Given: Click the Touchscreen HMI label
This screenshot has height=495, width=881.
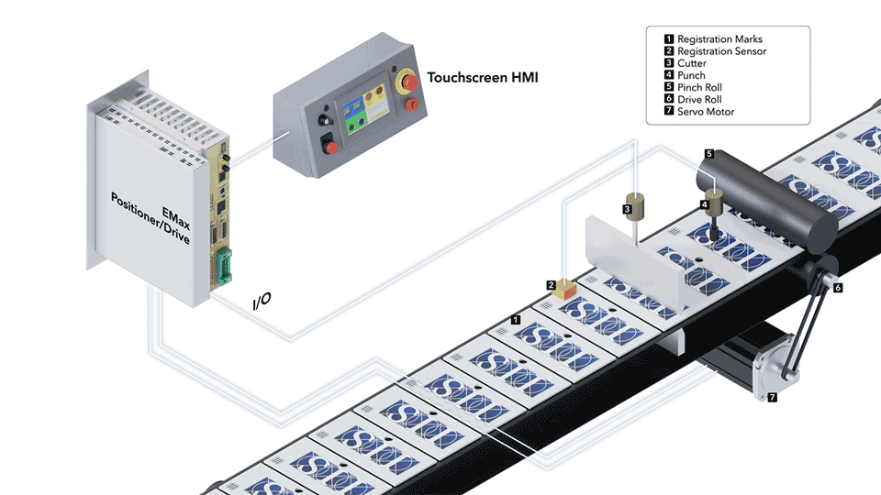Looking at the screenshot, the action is tap(483, 77).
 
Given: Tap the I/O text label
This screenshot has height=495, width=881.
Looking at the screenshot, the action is tap(262, 302).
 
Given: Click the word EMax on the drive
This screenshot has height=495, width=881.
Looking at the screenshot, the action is tap(176, 219).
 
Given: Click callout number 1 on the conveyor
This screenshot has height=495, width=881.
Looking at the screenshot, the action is tap(516, 320).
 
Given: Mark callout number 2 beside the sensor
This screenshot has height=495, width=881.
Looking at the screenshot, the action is tap(552, 285).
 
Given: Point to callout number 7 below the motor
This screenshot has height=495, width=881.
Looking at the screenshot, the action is tap(773, 397).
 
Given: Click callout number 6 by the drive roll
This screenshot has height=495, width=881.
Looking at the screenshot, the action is tap(838, 288).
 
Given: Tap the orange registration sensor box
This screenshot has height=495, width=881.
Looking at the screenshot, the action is tap(564, 290).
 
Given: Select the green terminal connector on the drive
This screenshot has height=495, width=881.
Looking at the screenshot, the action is tap(224, 266).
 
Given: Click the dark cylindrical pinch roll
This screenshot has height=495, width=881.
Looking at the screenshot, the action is tap(767, 198).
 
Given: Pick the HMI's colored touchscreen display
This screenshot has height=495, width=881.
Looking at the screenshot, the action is tap(363, 107).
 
